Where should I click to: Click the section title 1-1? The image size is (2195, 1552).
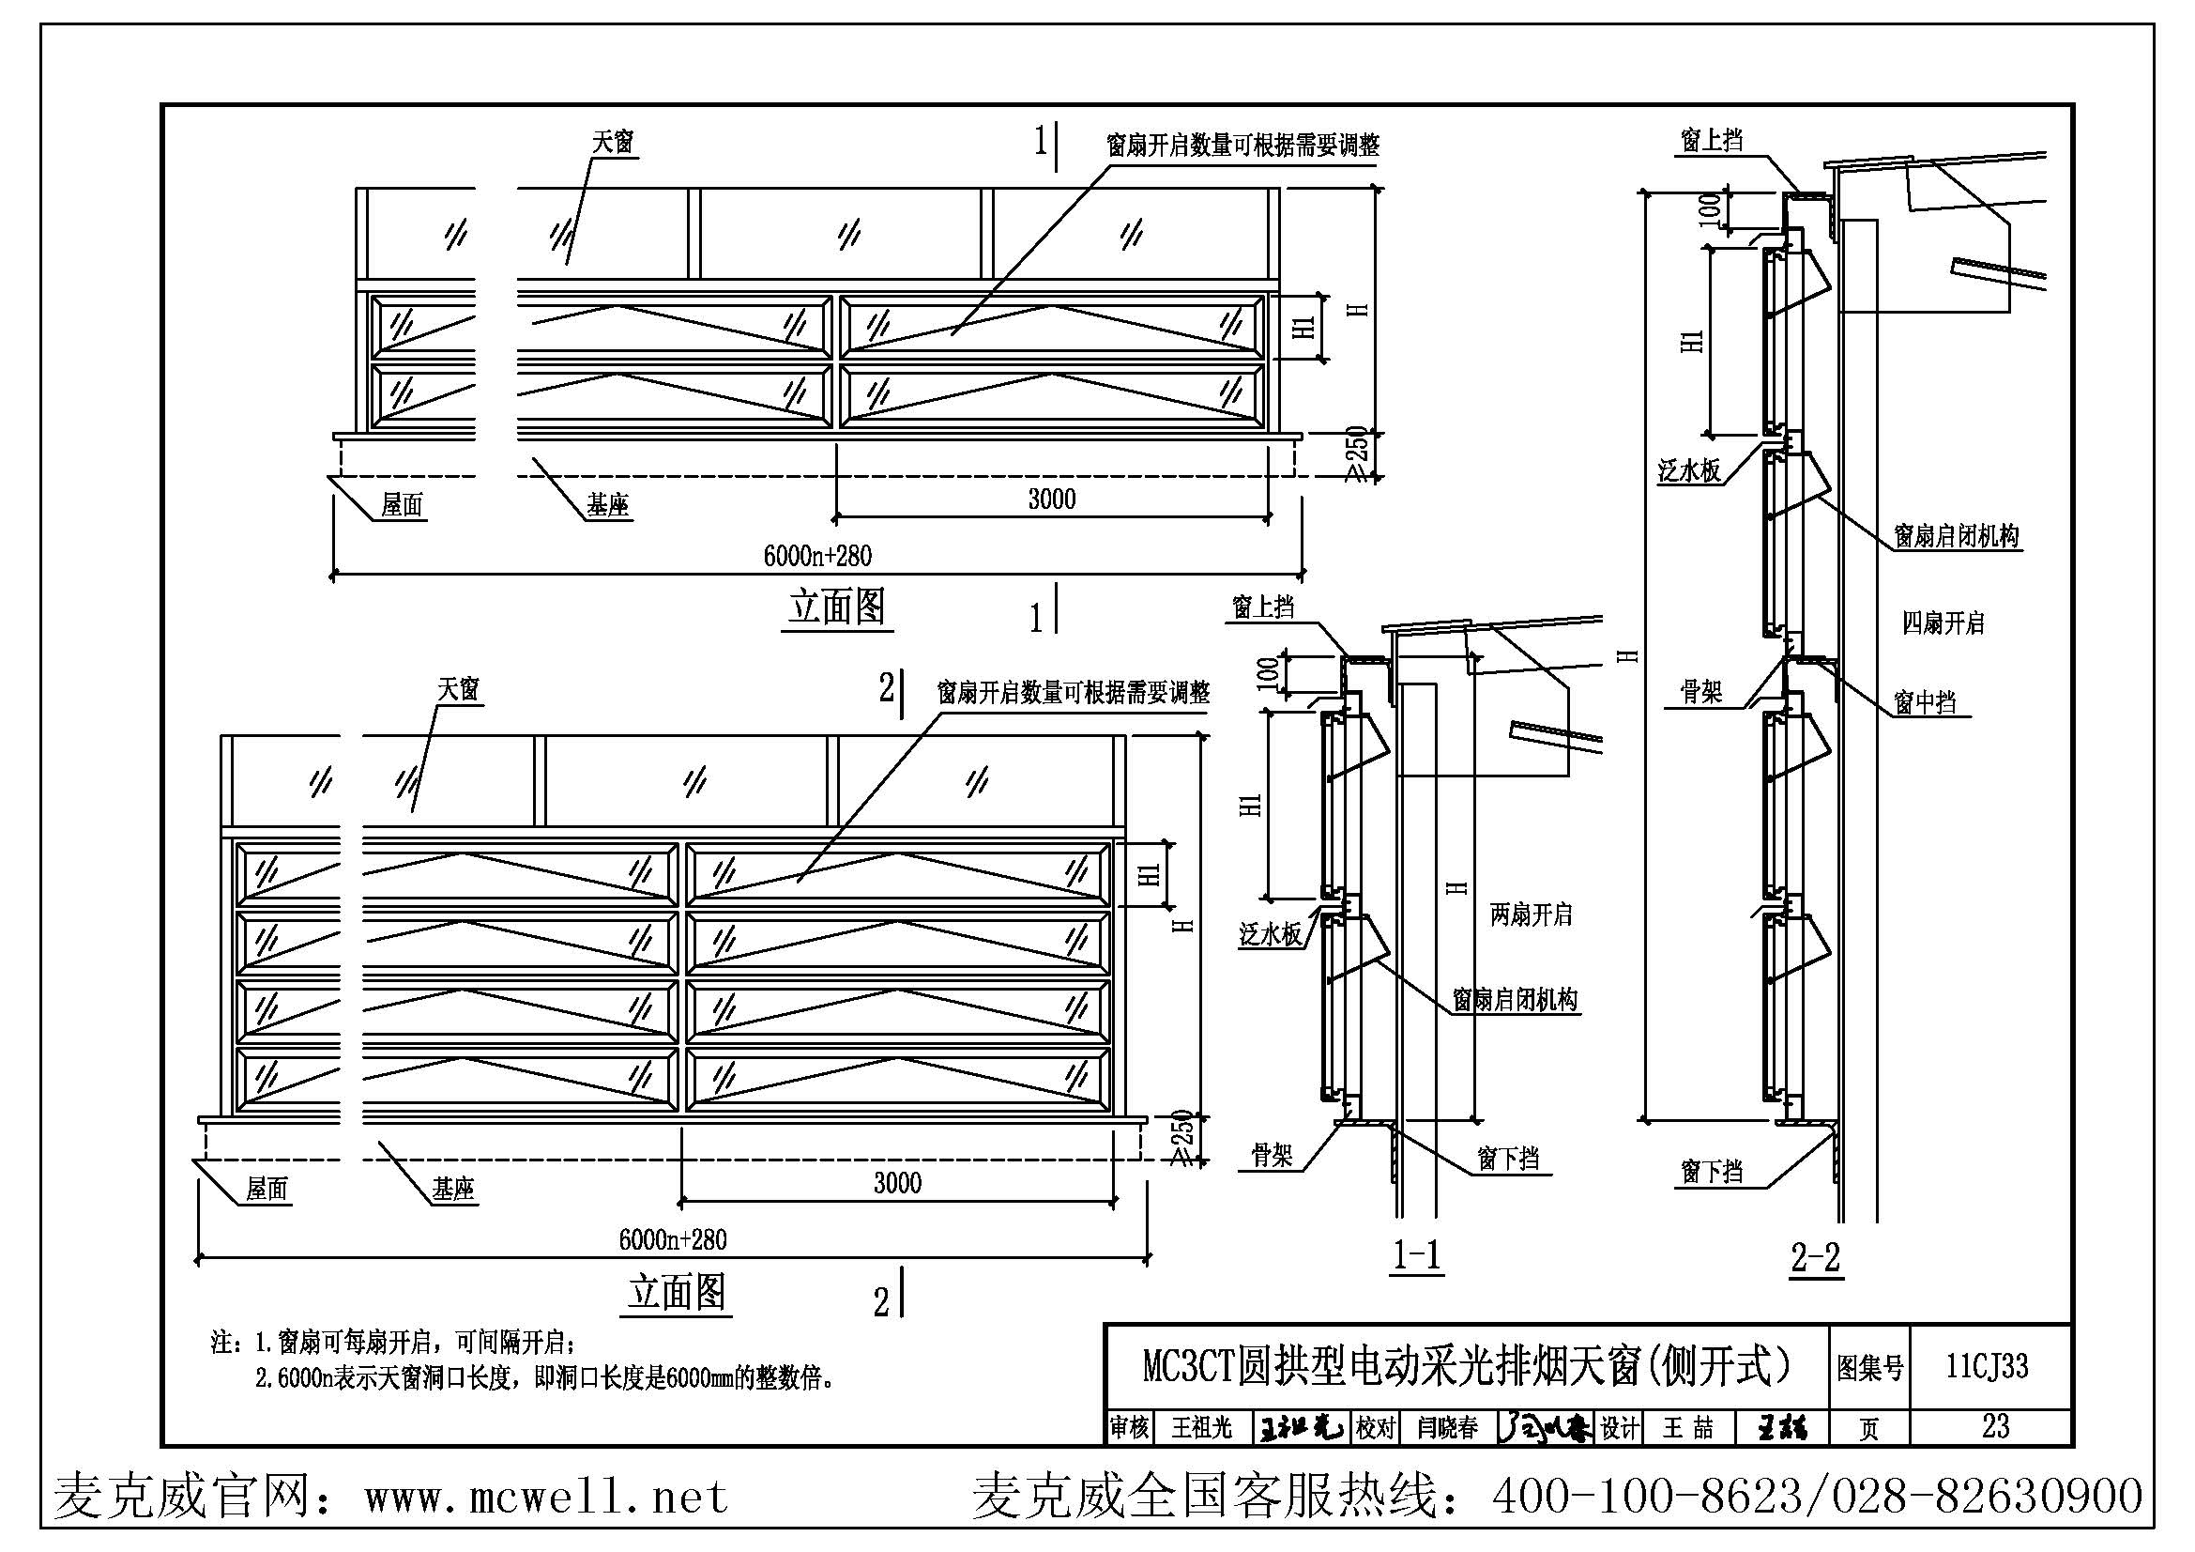tap(1417, 1254)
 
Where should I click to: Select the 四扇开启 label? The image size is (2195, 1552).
tap(1943, 623)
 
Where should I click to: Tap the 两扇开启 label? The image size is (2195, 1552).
tap(1531, 914)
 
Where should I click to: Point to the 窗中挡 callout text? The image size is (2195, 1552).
tap(1926, 703)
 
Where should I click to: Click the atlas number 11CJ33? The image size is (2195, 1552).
tap(1987, 1365)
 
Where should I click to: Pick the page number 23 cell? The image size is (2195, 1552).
tap(1995, 1426)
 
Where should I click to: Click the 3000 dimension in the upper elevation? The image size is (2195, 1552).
tap(1052, 499)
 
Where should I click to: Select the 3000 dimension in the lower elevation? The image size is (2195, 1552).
tap(897, 1183)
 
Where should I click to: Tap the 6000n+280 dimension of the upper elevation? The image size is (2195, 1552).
tap(817, 556)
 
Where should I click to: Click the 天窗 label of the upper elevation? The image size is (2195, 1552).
tap(613, 143)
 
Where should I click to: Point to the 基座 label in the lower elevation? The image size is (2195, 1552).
tap(453, 1190)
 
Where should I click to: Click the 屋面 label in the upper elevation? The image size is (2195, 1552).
tap(402, 505)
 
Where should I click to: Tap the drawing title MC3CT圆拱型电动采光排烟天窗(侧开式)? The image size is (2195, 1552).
tap(1467, 1366)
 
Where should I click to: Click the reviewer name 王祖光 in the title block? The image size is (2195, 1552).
tap(1203, 1428)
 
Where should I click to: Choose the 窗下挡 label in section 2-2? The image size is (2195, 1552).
tap(1712, 1172)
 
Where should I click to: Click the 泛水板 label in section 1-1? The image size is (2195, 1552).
tap(1271, 934)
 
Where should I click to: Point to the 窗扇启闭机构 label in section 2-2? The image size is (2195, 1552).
tap(1956, 536)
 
